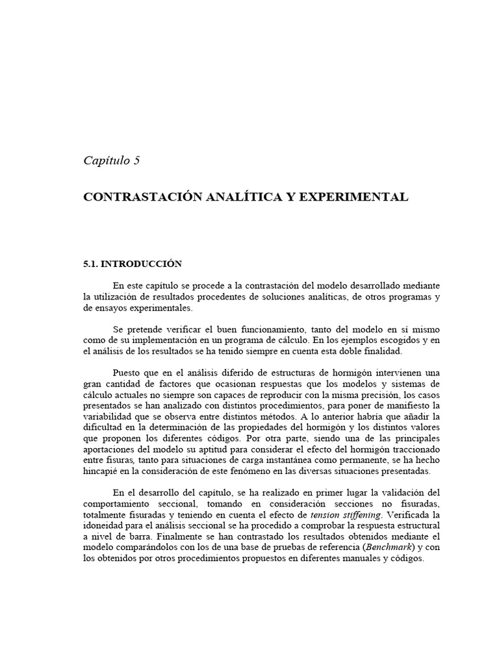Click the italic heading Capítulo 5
(x=112, y=161)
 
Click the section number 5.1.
(x=91, y=264)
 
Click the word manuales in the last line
(x=363, y=558)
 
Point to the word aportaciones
(x=112, y=449)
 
